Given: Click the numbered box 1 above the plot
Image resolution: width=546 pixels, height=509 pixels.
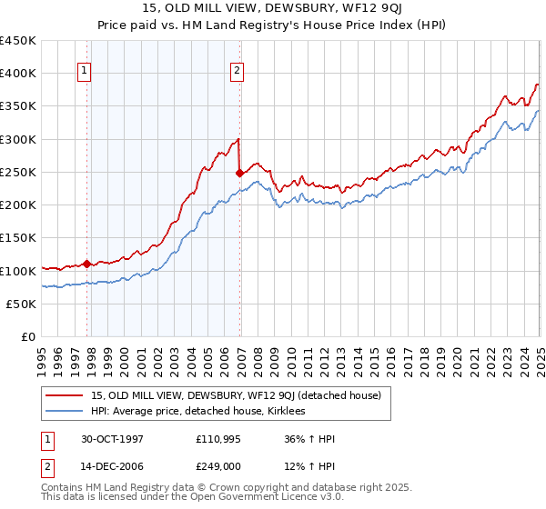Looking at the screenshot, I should pyautogui.click(x=84, y=72).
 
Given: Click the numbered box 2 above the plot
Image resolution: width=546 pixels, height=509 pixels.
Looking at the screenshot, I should pyautogui.click(x=237, y=72).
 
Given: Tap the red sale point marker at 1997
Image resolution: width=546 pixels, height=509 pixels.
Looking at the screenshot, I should pyautogui.click(x=87, y=264).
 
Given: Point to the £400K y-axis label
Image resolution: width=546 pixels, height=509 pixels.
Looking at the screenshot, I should pyautogui.click(x=18, y=74).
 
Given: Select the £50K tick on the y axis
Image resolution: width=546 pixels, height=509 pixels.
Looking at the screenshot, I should pyautogui.click(x=22, y=304).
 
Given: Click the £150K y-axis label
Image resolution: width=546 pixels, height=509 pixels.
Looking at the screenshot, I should pyautogui.click(x=18, y=238).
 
